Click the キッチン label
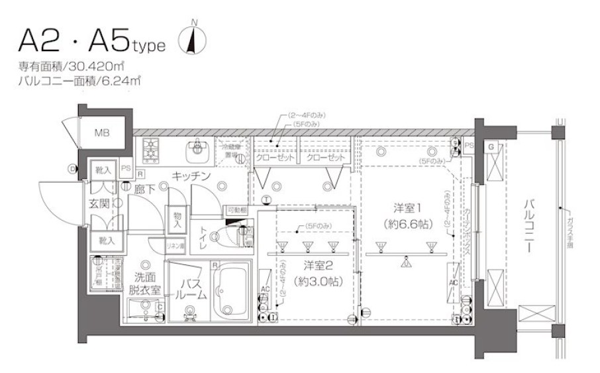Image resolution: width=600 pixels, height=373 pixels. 191,176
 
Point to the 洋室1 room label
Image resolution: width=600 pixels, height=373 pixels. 407,206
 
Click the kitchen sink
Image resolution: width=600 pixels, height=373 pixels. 196,151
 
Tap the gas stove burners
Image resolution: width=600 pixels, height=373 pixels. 150,150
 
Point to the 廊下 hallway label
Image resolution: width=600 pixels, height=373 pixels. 144,189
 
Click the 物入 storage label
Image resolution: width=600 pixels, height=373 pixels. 177,219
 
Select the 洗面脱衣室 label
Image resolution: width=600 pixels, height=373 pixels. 144,283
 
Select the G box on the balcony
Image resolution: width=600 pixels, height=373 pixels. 492,146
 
